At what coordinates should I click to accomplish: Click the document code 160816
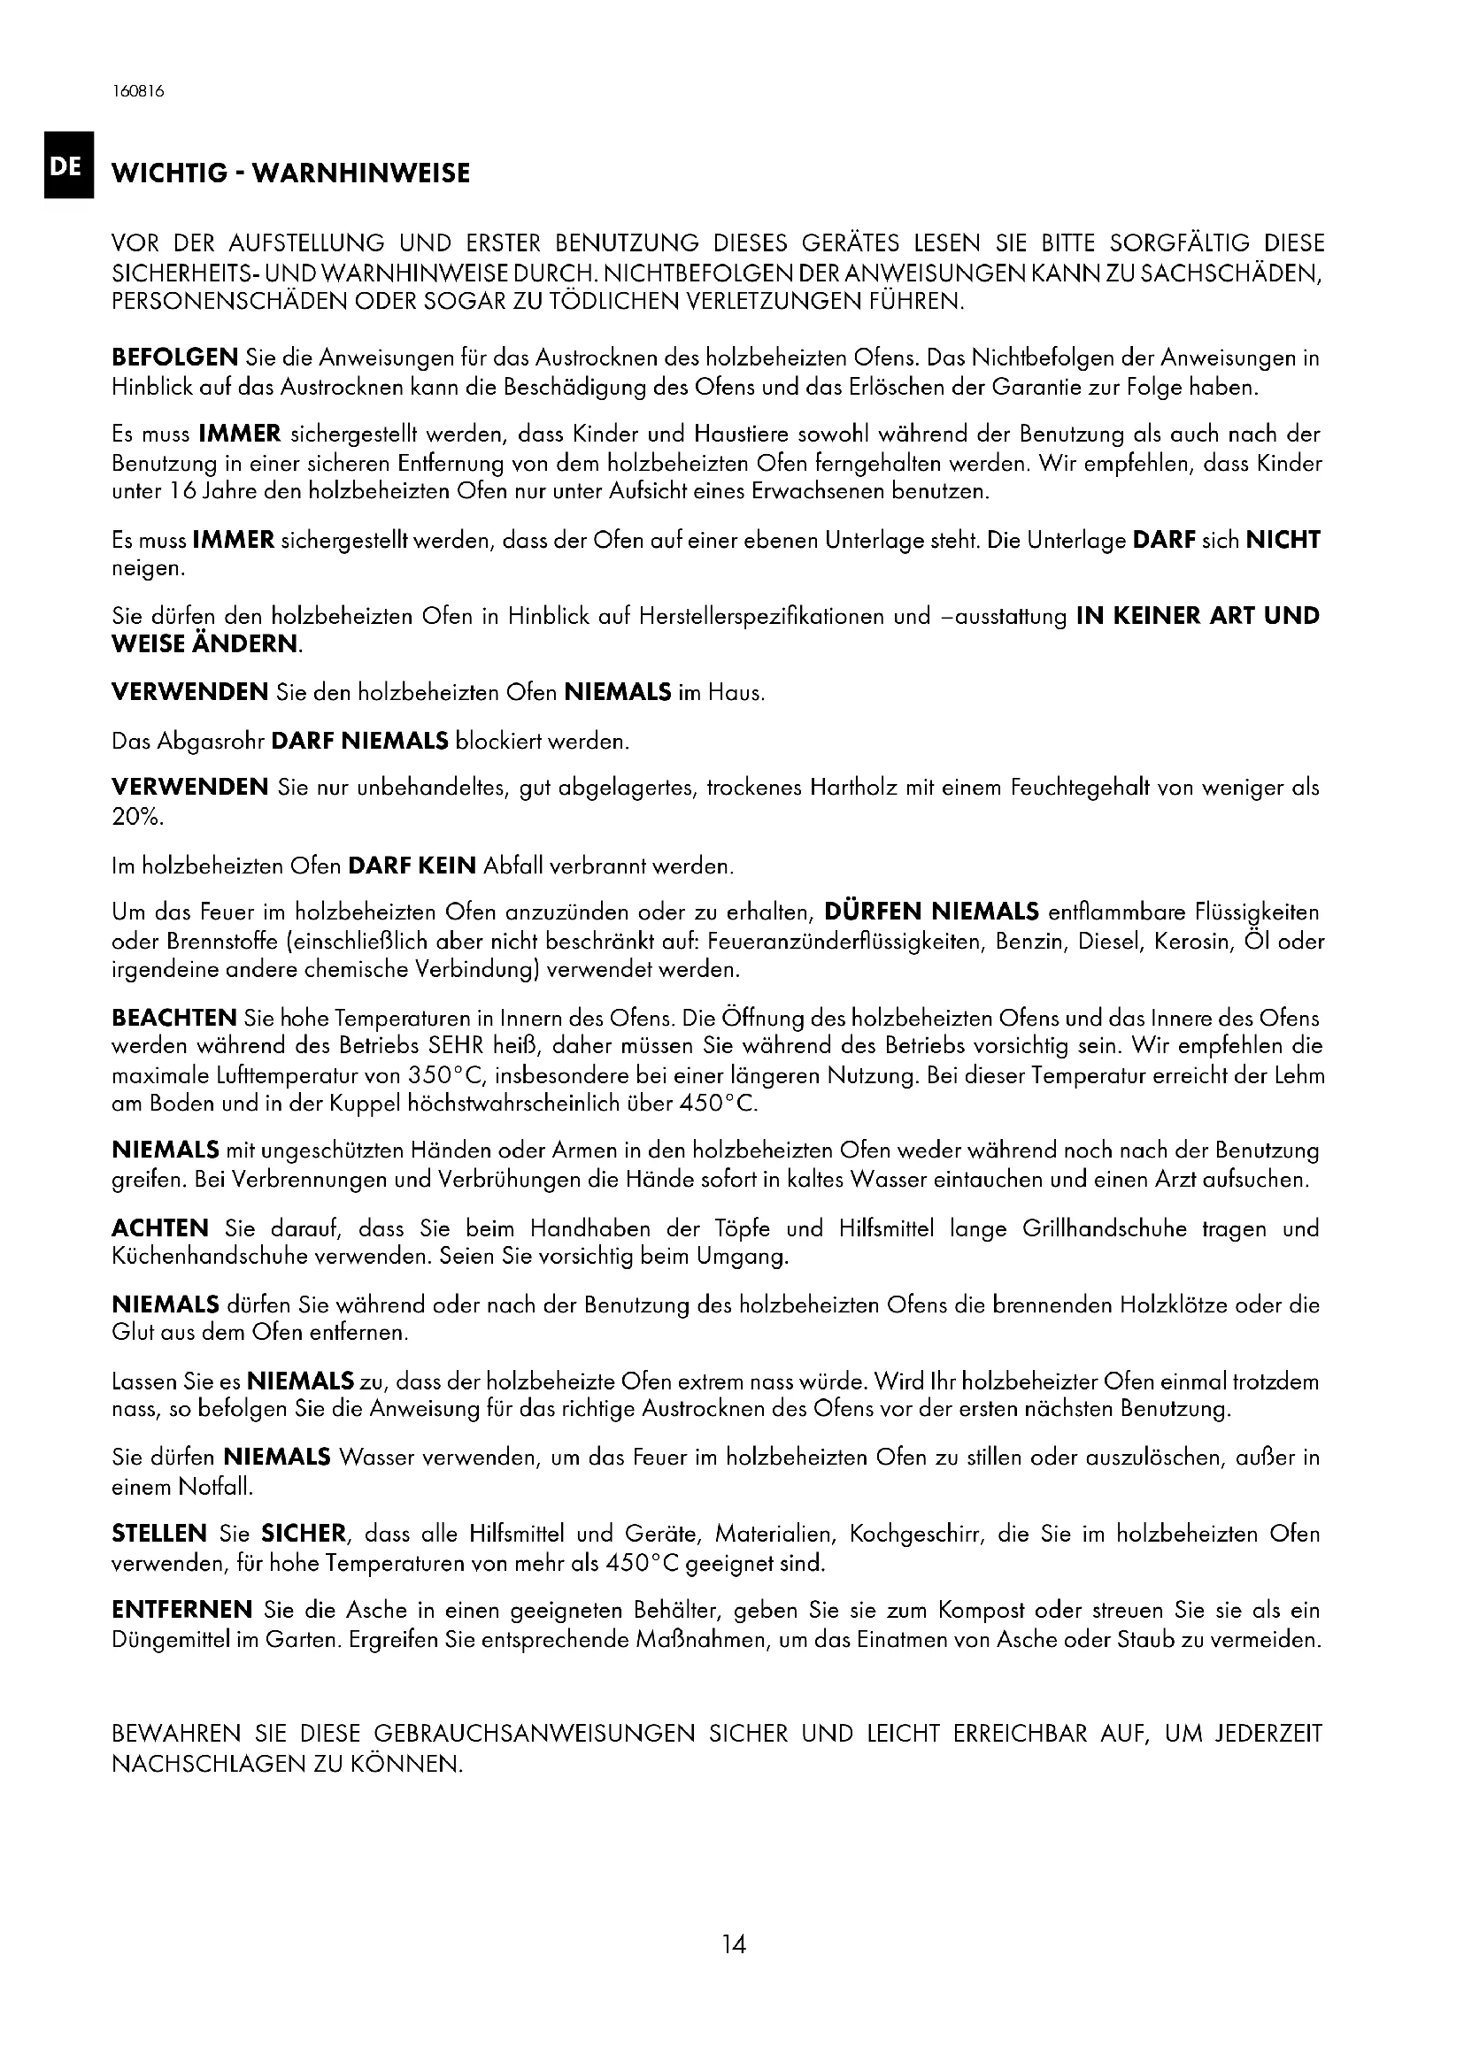point(139,91)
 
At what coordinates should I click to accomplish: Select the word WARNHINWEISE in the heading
point(359,173)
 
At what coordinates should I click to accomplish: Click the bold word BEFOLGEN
point(174,358)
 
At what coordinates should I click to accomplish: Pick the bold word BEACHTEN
point(174,1019)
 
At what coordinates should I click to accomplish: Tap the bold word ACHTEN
point(159,1228)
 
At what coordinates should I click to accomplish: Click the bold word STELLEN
point(158,1534)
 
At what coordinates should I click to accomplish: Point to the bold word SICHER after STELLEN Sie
point(304,1534)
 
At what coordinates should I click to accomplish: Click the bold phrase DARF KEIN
point(411,866)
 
